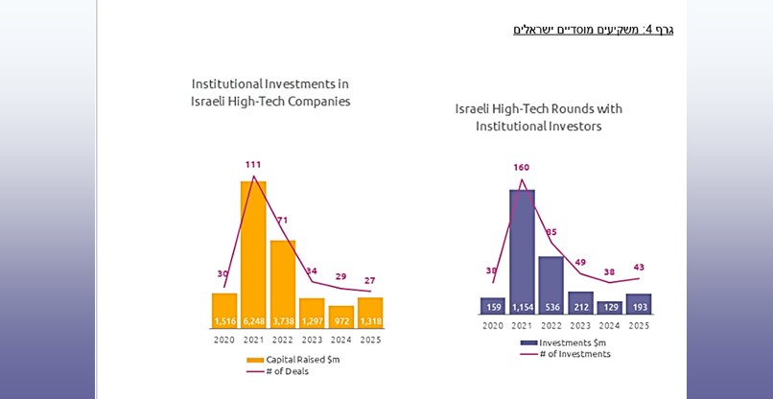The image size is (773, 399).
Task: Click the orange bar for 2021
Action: [x=253, y=249]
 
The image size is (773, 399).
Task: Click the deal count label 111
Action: [x=253, y=165]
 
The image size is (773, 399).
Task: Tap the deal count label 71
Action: [x=282, y=221]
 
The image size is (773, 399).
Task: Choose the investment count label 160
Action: [x=522, y=167]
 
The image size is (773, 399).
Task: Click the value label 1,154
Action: [x=522, y=307]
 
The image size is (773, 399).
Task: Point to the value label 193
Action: [x=639, y=307]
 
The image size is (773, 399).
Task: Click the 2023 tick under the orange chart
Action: [x=312, y=339]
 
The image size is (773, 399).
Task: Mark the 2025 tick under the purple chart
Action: [x=639, y=325]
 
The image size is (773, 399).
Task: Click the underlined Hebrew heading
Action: [x=594, y=30]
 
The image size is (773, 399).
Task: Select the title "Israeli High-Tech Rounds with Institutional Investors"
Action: [x=538, y=117]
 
